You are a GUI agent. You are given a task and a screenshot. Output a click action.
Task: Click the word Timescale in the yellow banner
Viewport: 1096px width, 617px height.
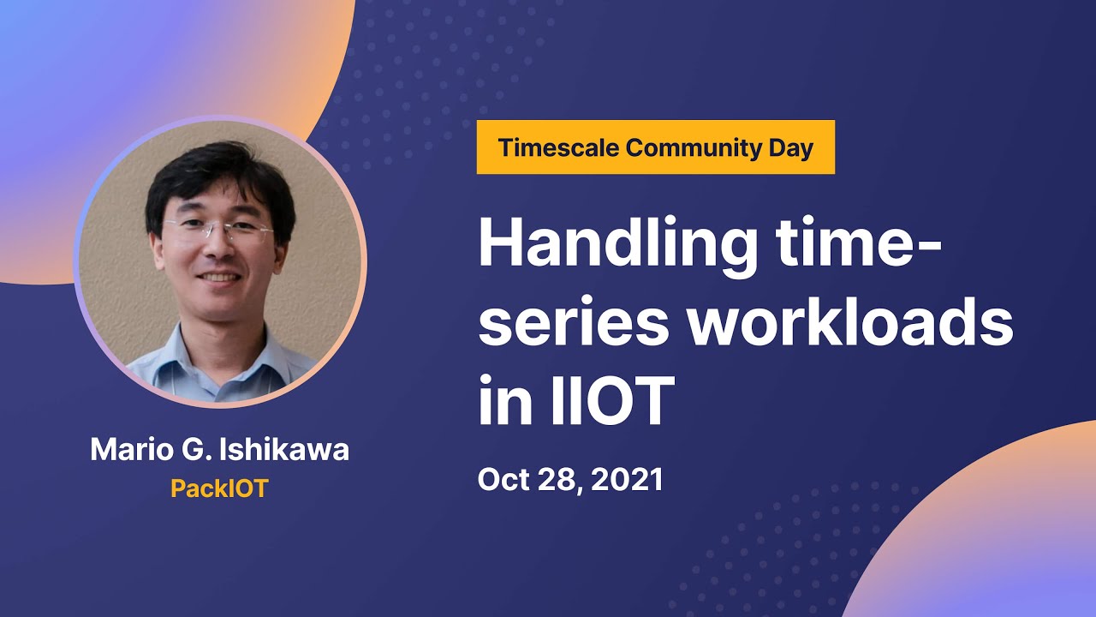558,147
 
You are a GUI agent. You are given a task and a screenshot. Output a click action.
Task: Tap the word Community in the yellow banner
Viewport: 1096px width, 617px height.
694,148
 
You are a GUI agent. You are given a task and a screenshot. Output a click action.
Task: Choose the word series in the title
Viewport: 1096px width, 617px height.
573,324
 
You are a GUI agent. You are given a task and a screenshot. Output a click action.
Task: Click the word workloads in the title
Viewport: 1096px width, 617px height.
850,320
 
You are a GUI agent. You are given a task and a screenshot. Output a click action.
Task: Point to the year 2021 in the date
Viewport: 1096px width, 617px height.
628,479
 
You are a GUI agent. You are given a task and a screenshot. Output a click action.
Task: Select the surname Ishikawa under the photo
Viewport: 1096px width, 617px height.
284,450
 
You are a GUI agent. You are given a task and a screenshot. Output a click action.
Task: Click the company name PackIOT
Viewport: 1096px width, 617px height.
219,488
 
